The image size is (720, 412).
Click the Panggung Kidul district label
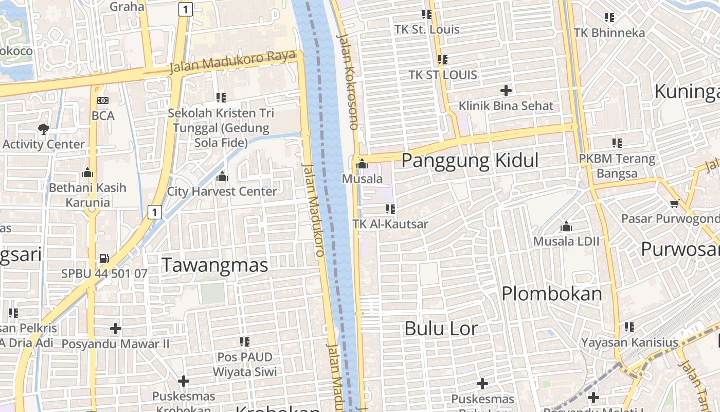470,160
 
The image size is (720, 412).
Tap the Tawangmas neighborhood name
215,265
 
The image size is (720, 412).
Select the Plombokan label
551,294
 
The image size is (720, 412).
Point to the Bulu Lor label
441,328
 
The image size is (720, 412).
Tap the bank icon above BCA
103,100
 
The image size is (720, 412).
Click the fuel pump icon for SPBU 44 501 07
104,258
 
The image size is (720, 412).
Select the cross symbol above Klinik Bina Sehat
506,91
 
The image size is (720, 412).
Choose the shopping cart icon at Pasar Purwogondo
675,203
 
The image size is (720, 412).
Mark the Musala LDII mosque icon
566,226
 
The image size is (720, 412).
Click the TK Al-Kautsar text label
390,224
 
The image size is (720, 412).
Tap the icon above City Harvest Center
222,176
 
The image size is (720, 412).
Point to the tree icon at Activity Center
44,129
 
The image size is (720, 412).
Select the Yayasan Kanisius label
629,342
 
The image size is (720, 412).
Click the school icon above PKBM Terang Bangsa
617,143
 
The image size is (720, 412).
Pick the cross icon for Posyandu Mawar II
116,328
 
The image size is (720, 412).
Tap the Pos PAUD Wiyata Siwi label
245,364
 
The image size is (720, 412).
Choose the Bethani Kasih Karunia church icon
87,173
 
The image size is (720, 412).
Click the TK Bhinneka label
609,32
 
